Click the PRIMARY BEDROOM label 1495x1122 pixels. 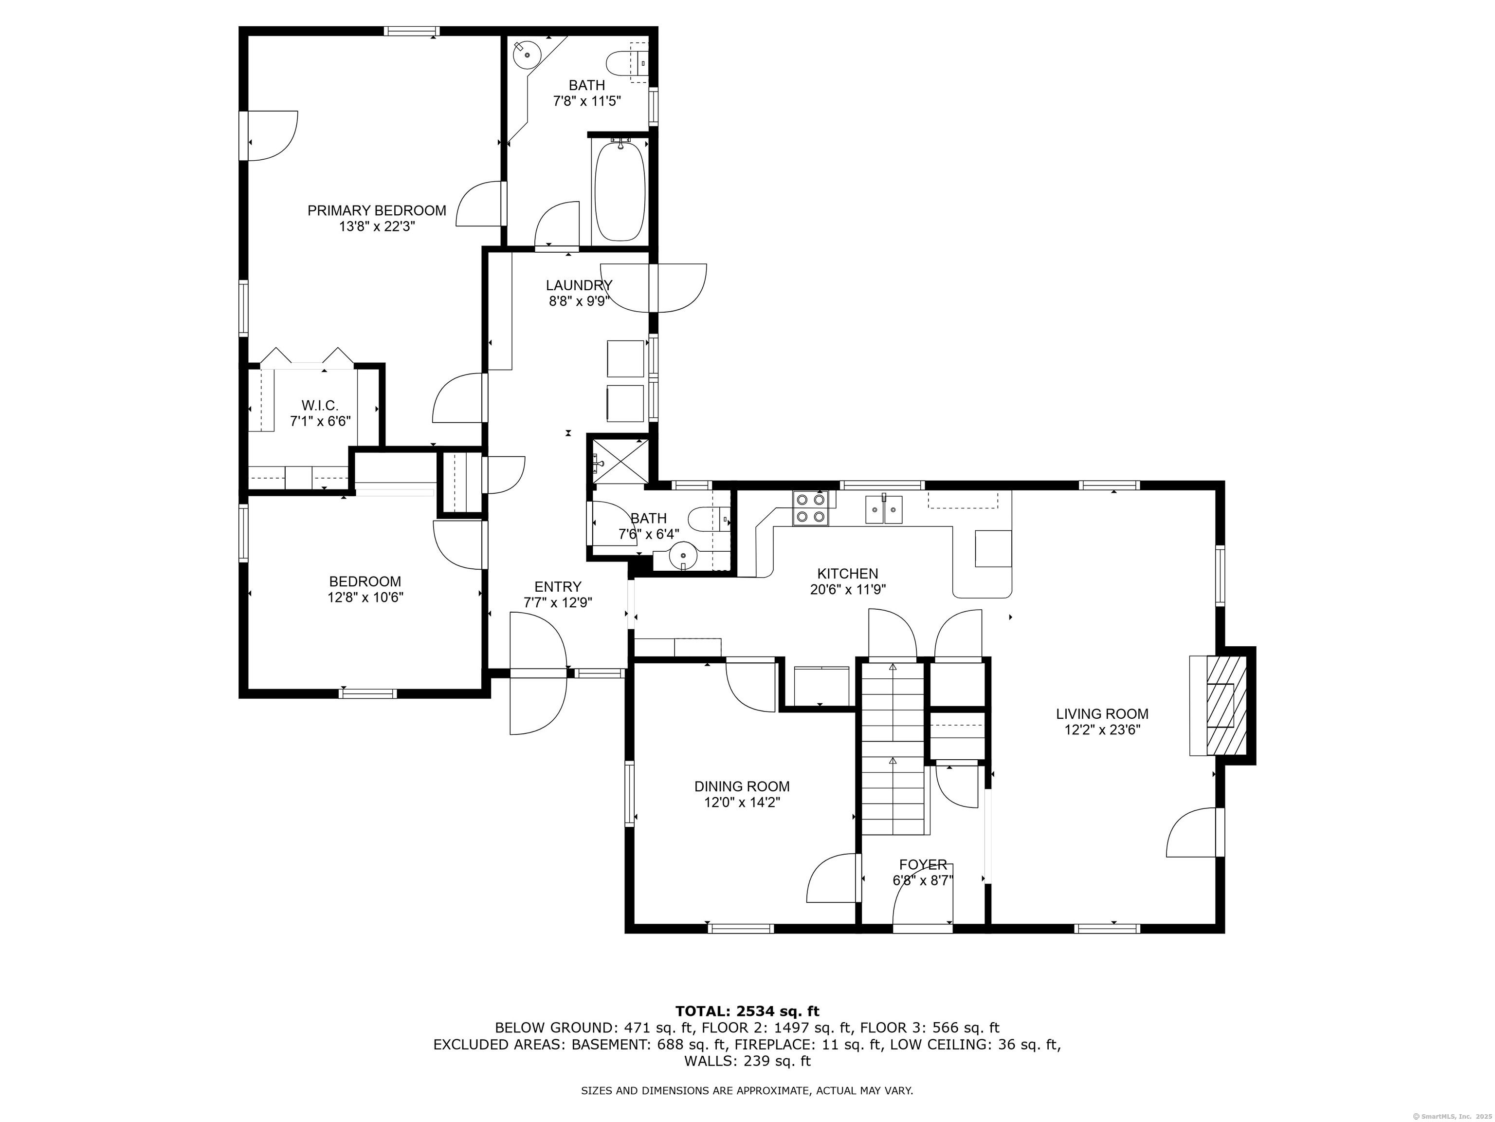377,210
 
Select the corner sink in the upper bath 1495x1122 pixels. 526,54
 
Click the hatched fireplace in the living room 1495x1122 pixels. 1226,704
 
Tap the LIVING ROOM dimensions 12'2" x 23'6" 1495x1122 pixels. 1102,730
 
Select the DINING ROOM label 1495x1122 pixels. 742,786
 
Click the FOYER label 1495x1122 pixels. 923,864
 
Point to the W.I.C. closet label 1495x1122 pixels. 320,405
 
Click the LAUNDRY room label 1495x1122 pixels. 579,285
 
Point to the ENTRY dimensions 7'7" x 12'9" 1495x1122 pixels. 558,602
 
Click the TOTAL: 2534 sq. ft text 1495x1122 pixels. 747,1011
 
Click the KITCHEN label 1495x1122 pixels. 848,574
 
